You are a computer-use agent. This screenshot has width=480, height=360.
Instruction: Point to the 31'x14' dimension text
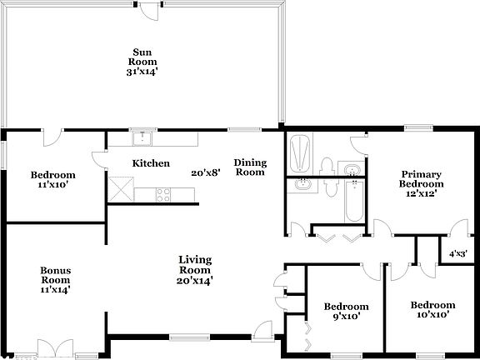click(x=142, y=72)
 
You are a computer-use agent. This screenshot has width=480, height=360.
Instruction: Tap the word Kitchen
click(x=151, y=163)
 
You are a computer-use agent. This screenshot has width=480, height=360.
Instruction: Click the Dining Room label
click(x=249, y=167)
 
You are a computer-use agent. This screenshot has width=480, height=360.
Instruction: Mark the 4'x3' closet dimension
click(x=457, y=253)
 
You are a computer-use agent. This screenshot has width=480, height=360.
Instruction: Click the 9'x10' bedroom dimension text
click(x=340, y=317)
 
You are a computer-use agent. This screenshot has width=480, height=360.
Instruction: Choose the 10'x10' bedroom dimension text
click(x=433, y=315)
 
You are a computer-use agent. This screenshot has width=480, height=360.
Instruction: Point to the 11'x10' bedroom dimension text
click(x=53, y=186)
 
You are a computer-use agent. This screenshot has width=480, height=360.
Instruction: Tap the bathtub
click(x=352, y=200)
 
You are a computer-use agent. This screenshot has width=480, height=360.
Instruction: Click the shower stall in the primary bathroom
click(x=299, y=152)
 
